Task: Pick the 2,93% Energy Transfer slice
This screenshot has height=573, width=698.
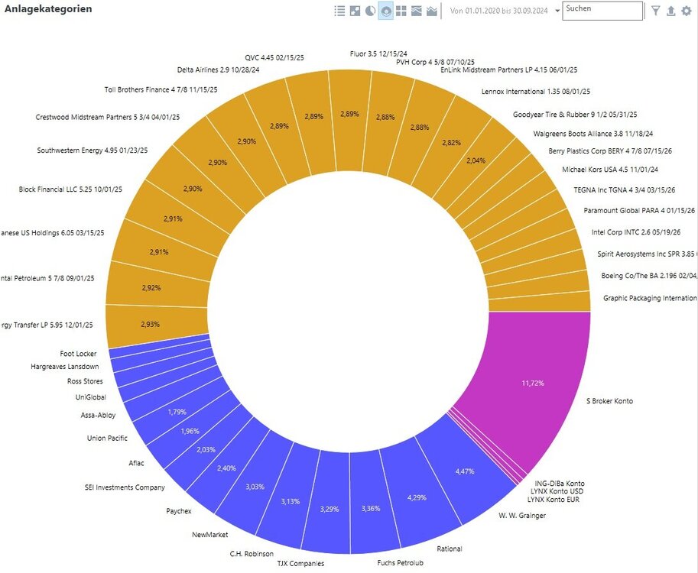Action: (151, 324)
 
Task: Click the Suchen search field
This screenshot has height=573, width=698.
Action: (602, 10)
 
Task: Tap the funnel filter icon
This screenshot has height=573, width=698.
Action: (655, 11)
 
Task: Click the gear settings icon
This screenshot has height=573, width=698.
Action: (687, 11)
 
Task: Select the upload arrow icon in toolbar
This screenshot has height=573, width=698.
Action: (671, 11)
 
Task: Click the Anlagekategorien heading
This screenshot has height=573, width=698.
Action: (49, 9)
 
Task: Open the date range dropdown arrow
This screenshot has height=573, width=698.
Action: (557, 11)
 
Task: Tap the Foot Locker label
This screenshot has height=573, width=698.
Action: (78, 354)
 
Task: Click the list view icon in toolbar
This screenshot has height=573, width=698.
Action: (339, 11)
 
